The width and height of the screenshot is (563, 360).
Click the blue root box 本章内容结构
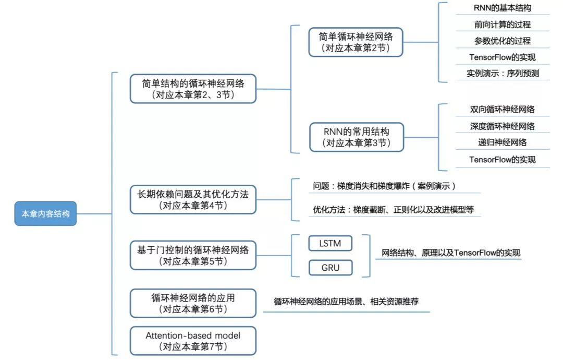point(45,214)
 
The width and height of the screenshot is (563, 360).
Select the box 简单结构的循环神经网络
point(193,88)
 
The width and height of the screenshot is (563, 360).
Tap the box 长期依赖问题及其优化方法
point(193,199)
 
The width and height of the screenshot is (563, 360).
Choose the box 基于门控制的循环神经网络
point(193,255)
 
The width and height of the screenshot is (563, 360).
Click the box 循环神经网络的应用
point(193,303)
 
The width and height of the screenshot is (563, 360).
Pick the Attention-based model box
point(193,340)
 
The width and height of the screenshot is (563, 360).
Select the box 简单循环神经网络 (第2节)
point(356,43)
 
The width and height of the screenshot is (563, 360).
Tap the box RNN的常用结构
point(356,137)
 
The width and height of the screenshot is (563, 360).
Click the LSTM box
point(330,244)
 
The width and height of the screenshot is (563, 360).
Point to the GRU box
point(330,268)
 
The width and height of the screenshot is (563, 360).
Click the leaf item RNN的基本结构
point(503,8)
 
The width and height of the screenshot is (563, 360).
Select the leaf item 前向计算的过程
point(503,25)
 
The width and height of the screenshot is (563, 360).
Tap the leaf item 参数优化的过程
point(503,41)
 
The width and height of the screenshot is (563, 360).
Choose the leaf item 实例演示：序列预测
point(503,74)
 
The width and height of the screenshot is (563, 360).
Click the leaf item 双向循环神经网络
point(503,110)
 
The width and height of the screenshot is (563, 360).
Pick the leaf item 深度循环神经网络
point(503,126)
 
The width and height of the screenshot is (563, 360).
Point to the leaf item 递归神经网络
point(503,142)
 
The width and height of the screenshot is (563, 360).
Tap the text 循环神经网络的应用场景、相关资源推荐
point(346,302)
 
